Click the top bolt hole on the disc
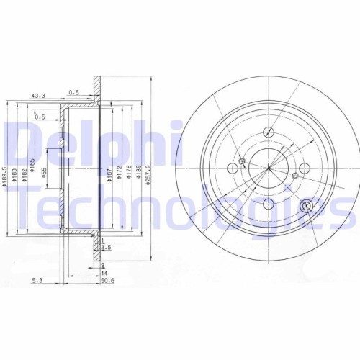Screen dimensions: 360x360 coord(269,131)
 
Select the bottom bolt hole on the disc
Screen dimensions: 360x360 coord(267,204)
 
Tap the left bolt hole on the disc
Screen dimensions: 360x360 coord(232,167)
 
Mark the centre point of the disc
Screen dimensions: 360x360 coord(268,168)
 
